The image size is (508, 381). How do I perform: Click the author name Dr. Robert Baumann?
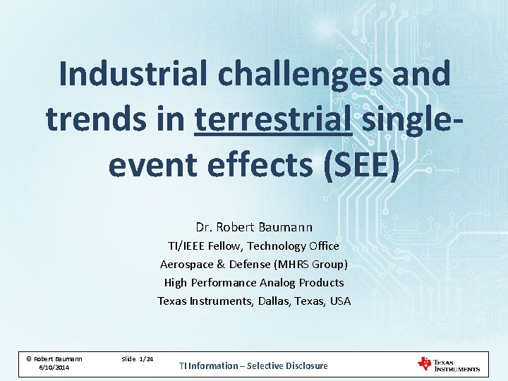[x=254, y=227]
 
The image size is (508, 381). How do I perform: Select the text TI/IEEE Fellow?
[x=204, y=246]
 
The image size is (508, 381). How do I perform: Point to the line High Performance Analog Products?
[x=254, y=283]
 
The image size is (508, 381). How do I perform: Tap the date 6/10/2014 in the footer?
[x=54, y=368]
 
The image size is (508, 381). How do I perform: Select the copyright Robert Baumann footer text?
[x=54, y=358]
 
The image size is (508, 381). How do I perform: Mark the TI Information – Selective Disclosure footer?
[x=253, y=365]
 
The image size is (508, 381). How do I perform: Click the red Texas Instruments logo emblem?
[x=425, y=363]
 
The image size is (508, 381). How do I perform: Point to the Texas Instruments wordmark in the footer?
[x=456, y=364]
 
